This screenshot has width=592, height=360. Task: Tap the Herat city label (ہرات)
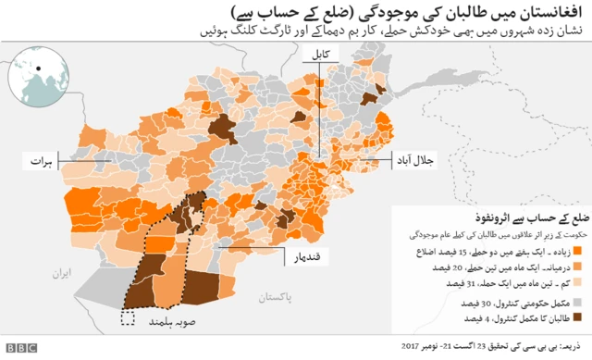[x=38, y=160]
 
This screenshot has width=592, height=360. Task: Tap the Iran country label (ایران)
[x=61, y=274]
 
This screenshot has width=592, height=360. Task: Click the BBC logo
[x=19, y=348]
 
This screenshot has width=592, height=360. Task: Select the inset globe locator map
[x=39, y=79]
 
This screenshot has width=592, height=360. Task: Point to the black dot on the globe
[x=39, y=70]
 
